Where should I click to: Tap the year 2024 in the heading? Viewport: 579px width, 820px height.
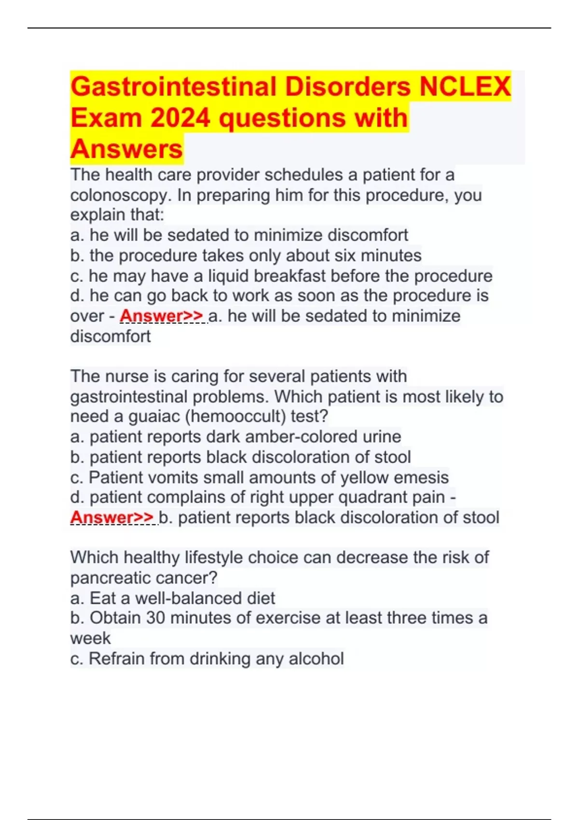[x=180, y=118]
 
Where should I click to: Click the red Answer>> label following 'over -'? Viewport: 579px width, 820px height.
[x=162, y=316]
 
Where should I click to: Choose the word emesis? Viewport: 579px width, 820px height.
[x=421, y=478]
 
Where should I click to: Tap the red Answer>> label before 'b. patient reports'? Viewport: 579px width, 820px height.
[x=112, y=518]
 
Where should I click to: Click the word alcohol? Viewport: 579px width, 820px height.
[x=316, y=659]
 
